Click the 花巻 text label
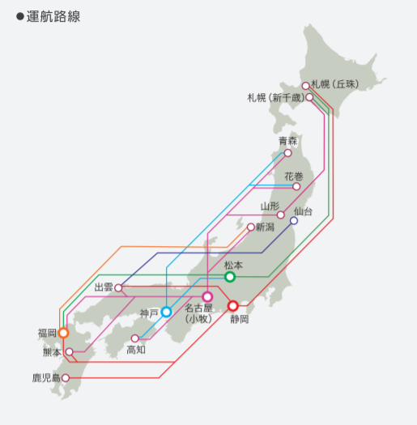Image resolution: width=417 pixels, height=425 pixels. click(x=294, y=176)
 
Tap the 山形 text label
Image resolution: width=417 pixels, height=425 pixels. click(x=270, y=206)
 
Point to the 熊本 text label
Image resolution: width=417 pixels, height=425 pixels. click(x=53, y=352)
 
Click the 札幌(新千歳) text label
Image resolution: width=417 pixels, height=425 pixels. click(x=276, y=98)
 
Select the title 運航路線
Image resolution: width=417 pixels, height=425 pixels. click(x=53, y=16)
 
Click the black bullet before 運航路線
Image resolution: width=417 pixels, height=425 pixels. click(x=20, y=16)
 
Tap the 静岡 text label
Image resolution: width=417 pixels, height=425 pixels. click(x=240, y=319)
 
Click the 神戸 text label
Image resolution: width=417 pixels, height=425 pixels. click(x=149, y=313)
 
